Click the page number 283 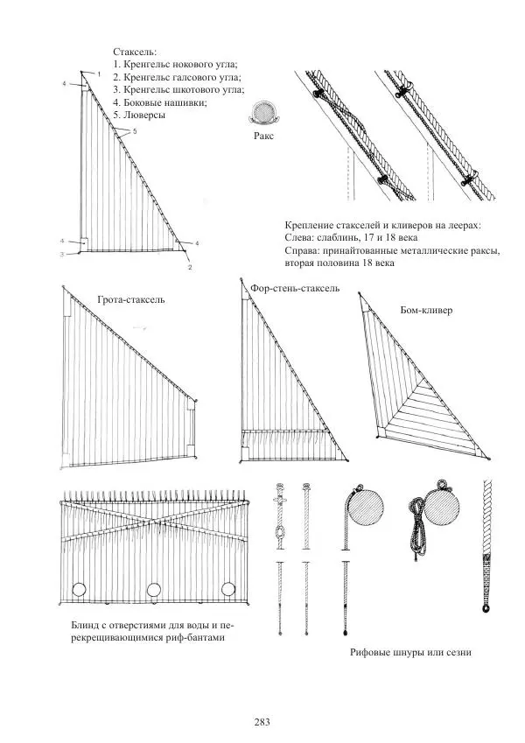(x=261, y=722)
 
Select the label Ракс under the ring (x=262, y=137)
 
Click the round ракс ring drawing (x=261, y=115)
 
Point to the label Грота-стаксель (x=130, y=299)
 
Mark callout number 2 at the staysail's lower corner (x=190, y=267)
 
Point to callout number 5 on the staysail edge (x=134, y=131)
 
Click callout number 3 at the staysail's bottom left (x=62, y=255)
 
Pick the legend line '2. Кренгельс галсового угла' (x=177, y=77)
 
